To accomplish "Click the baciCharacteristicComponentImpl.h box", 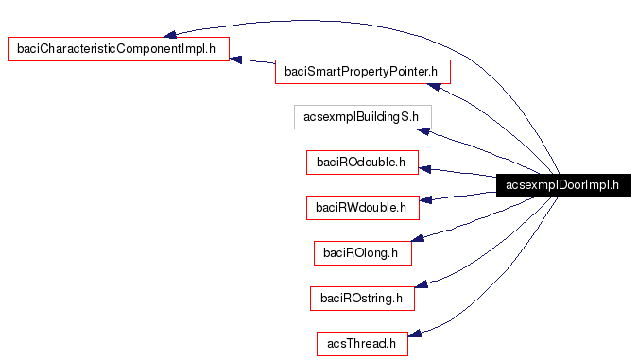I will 119,49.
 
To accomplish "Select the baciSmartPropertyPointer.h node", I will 362,71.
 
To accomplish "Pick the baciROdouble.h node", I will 361,163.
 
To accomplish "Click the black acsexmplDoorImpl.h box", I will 561,185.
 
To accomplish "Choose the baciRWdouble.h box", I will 361,207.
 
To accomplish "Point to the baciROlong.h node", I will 361,252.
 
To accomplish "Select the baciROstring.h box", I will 361,299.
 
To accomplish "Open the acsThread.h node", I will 361,344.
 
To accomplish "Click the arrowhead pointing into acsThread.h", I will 425,332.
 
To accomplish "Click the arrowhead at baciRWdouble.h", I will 425,200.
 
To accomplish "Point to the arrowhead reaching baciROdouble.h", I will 425,169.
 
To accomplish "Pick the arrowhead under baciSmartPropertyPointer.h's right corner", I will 436,87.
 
